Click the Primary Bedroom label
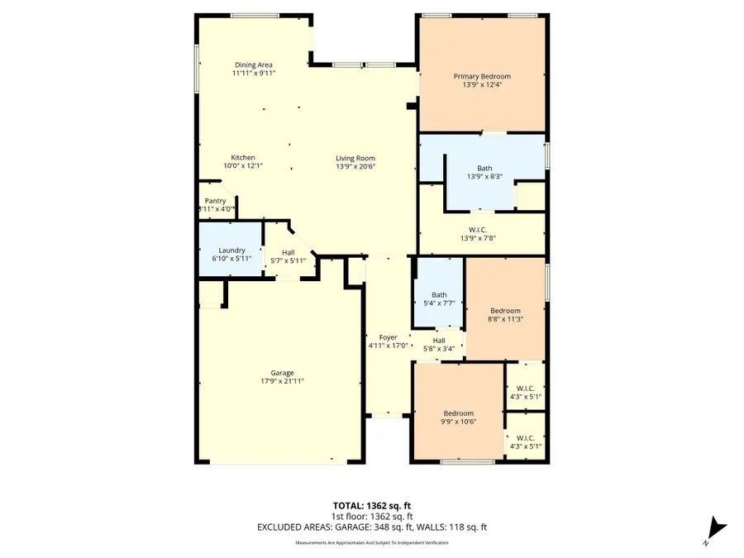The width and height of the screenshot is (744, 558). [x=482, y=77]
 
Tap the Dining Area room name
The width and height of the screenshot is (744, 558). [x=254, y=65]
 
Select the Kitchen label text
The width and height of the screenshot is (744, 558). [x=243, y=158]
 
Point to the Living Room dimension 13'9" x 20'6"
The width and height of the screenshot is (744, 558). [x=355, y=166]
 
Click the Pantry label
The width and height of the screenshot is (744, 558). [x=215, y=201]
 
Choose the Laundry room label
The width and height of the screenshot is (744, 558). [x=231, y=250]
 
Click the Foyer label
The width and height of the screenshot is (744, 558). [x=388, y=337]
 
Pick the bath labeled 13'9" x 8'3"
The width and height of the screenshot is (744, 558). [x=484, y=172]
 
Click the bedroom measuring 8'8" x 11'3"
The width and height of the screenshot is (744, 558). [x=505, y=314]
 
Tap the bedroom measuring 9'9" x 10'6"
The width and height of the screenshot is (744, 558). [x=458, y=417]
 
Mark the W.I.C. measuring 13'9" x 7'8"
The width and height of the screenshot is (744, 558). [x=482, y=234]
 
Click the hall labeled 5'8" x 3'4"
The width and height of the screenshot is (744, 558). [x=439, y=344]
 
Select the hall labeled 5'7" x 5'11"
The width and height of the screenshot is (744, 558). [x=289, y=256]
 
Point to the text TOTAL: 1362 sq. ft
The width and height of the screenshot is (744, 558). [x=372, y=505]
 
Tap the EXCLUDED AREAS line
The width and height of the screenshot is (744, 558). [x=372, y=527]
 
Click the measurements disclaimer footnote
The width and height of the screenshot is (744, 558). [x=372, y=543]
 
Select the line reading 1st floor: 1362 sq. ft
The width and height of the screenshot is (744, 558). [x=372, y=516]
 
